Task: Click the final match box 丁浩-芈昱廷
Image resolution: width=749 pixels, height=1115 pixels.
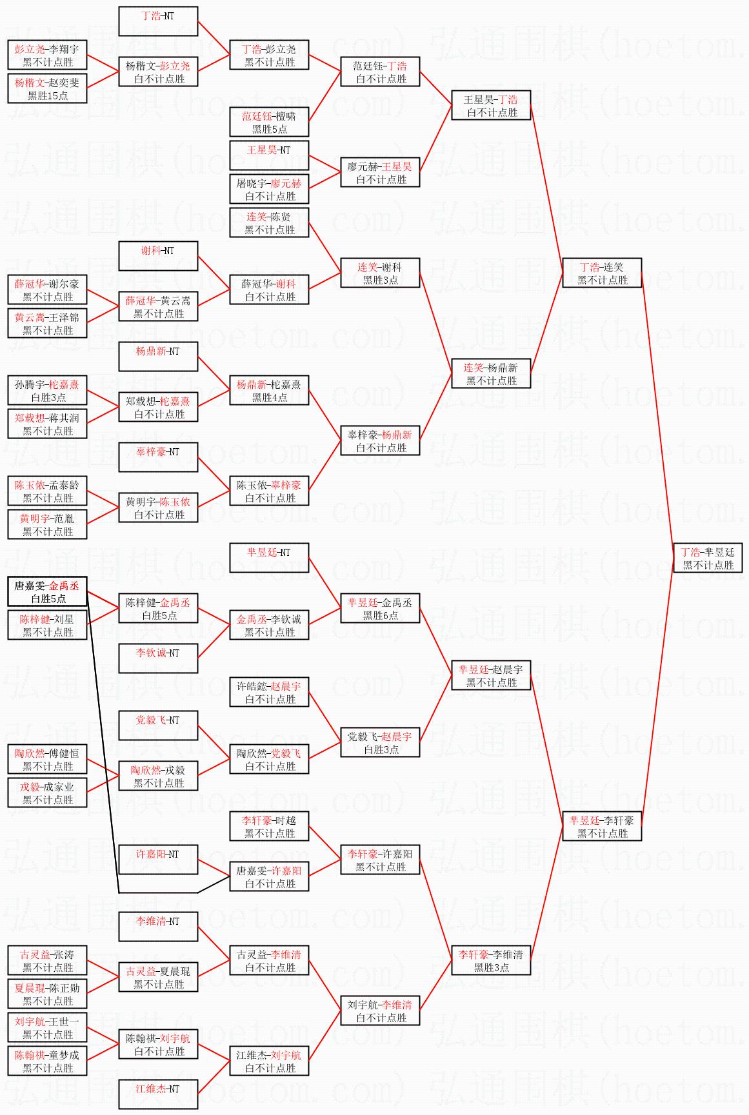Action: click(708, 558)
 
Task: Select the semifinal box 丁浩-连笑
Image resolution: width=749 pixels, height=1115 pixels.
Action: click(602, 273)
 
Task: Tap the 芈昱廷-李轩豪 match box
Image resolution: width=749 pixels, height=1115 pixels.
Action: click(602, 827)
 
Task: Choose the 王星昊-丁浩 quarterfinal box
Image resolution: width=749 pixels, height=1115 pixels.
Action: click(491, 106)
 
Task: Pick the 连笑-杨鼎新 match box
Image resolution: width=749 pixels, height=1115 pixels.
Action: click(491, 374)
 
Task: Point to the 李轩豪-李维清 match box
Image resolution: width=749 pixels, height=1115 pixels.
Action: click(491, 961)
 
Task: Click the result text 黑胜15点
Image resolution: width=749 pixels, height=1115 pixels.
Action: click(48, 95)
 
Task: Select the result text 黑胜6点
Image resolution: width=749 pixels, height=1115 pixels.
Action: click(381, 615)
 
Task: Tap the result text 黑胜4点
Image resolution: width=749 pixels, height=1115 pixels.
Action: click(270, 397)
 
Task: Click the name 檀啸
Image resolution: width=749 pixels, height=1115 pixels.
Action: click(285, 116)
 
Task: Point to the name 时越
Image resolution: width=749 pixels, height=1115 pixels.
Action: click(285, 820)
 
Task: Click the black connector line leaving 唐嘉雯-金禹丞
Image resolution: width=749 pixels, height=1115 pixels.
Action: click(103, 742)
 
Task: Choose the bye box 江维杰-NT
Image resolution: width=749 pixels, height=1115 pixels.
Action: click(158, 1095)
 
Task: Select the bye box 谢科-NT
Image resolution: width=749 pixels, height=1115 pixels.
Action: click(158, 257)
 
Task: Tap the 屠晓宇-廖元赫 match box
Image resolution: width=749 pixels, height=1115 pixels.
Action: click(270, 190)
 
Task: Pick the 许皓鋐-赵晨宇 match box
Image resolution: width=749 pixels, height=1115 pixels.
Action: click(270, 693)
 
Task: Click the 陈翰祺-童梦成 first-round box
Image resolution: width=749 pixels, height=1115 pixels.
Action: click(48, 1061)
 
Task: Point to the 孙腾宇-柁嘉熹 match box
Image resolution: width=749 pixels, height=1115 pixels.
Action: click(48, 391)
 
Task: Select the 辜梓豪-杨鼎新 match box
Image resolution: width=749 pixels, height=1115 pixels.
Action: click(381, 441)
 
